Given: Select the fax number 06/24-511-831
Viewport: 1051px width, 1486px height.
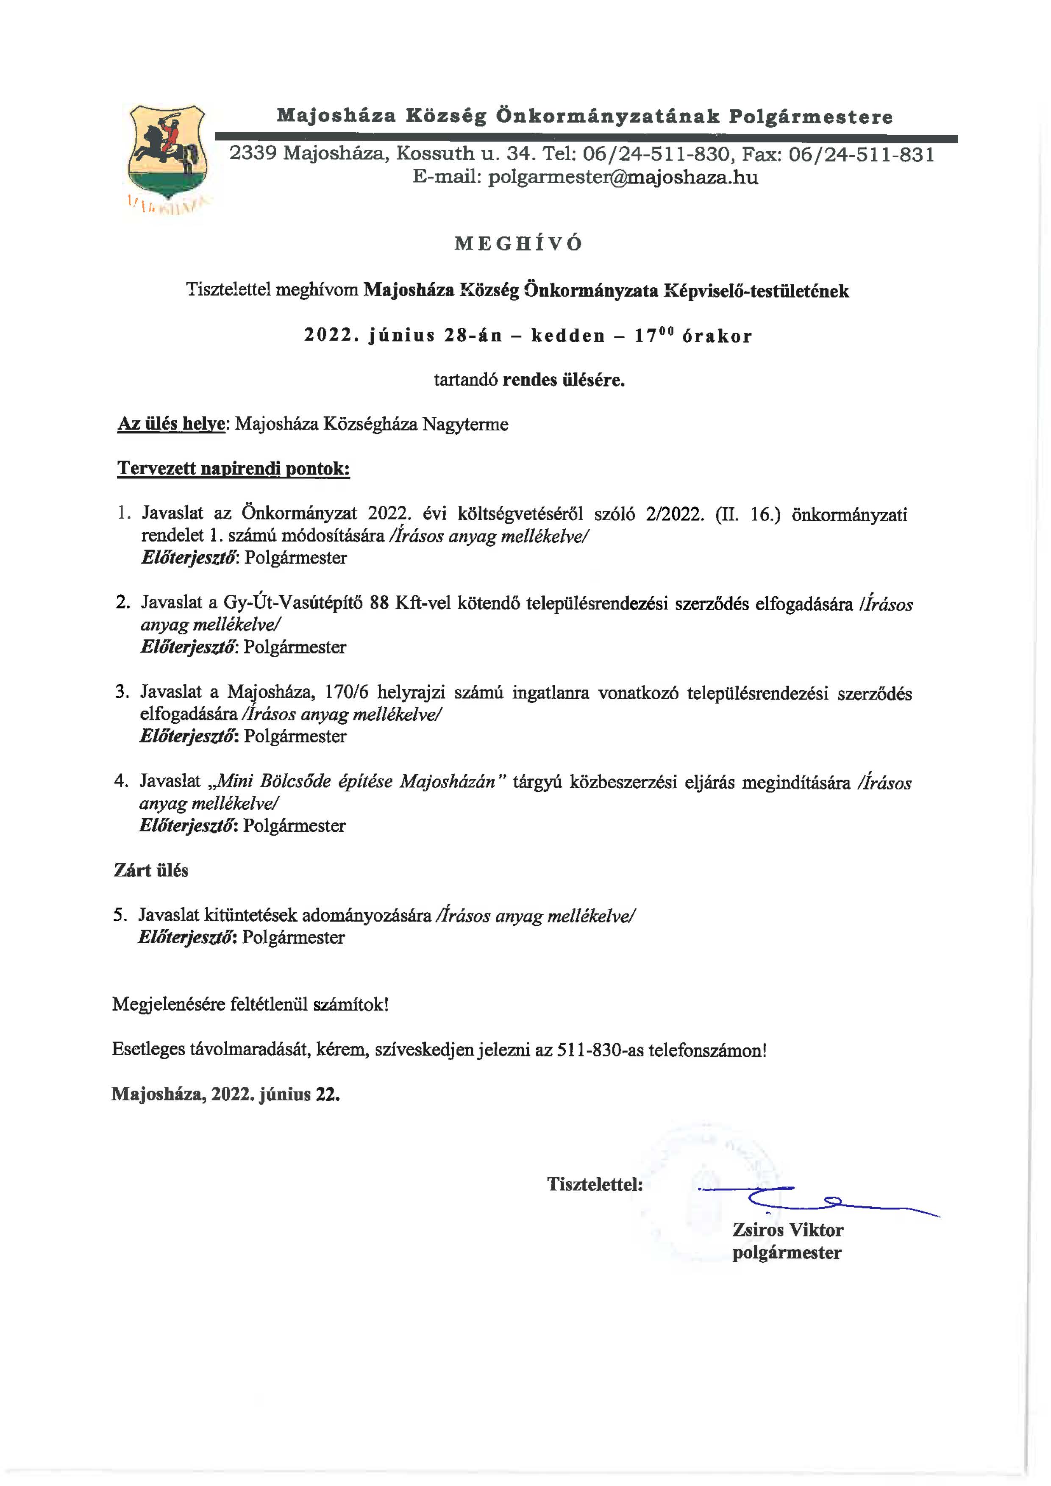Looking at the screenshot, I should [x=862, y=154].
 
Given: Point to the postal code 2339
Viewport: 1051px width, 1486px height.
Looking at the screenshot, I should [x=253, y=154].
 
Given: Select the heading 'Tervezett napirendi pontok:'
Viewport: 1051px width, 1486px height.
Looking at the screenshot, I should [x=233, y=469].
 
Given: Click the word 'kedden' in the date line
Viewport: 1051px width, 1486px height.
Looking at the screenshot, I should [x=567, y=336].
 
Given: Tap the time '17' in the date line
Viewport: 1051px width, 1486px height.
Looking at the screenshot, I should [x=645, y=336].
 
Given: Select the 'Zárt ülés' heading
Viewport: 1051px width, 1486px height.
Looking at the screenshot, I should [x=151, y=870].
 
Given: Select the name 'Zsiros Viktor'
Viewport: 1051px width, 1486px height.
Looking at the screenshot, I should [x=787, y=1230].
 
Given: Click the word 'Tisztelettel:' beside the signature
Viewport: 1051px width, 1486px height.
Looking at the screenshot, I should [x=595, y=1184].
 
